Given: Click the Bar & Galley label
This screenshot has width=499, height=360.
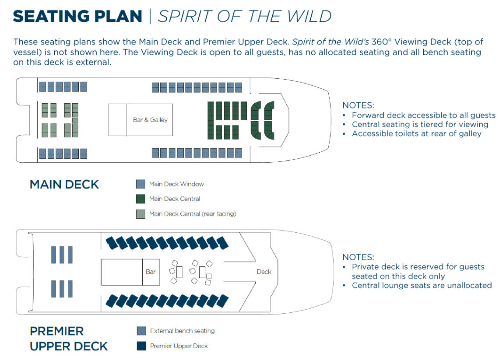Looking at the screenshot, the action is coord(150,120).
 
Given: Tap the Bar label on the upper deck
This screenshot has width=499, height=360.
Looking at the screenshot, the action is coord(151,272).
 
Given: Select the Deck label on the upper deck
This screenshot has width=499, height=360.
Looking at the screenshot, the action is coord(264,272).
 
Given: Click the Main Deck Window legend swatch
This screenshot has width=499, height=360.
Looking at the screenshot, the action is coord(141,184).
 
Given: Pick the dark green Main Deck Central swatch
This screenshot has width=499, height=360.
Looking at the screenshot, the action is coord(141,199).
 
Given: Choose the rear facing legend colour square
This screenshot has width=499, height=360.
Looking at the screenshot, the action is coord(141,214).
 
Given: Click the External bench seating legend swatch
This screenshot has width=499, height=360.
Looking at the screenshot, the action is coord(141,331).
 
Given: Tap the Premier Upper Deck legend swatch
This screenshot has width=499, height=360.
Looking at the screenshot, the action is coord(141,346).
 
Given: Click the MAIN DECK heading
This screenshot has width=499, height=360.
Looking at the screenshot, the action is coord(64,185).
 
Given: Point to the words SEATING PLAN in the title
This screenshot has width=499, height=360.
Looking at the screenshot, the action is coord(77,16).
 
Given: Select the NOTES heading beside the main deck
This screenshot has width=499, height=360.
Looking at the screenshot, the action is coord(358,105).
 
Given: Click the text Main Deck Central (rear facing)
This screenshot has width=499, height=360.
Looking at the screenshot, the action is coord(193,214).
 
